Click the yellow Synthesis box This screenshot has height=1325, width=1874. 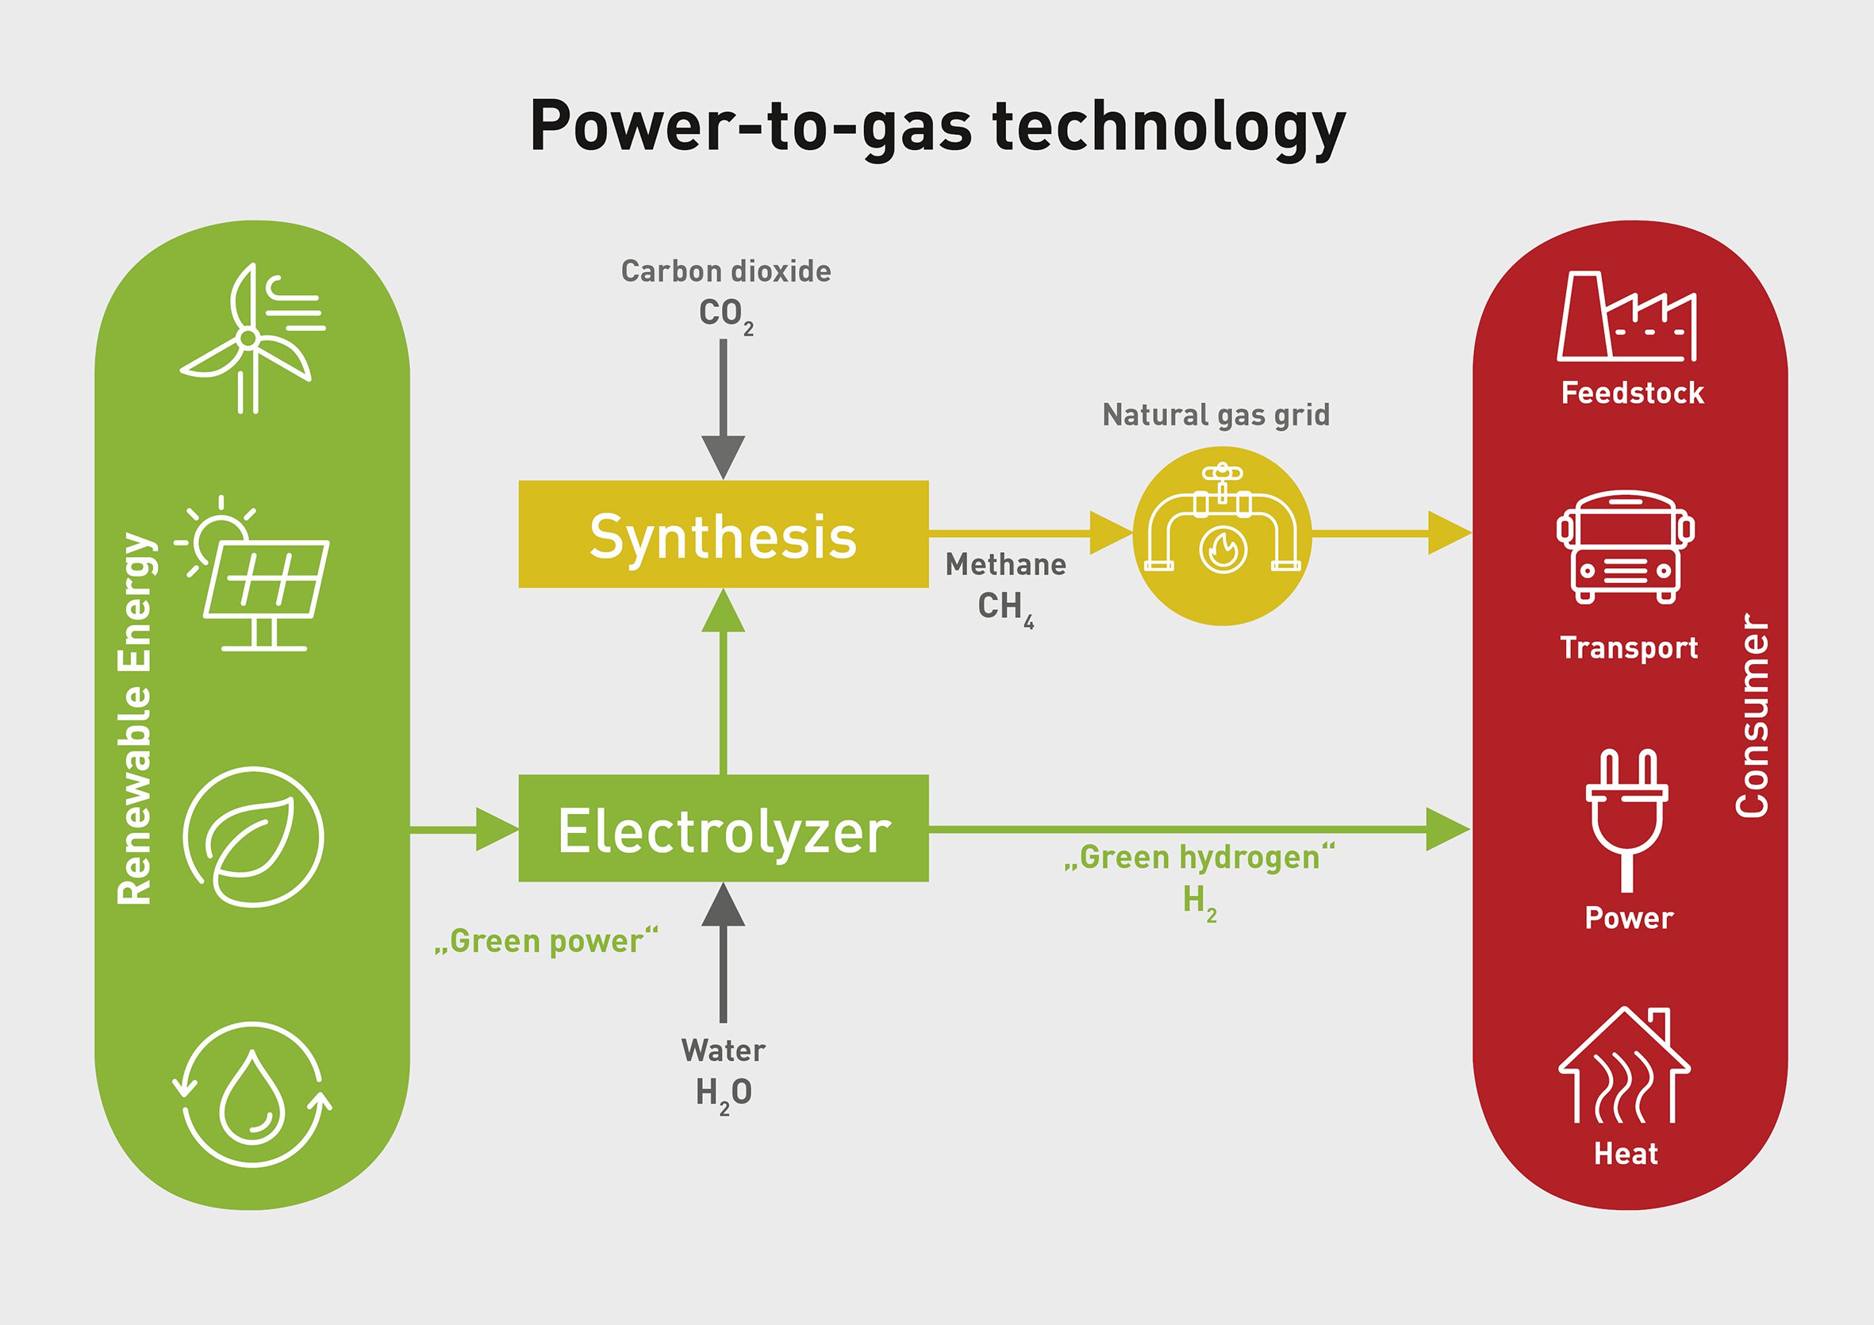point(723,534)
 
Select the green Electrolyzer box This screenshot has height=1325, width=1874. point(723,828)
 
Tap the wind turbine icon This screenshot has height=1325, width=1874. point(252,339)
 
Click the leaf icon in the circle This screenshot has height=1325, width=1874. point(253,837)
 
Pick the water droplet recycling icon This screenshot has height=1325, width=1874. point(252,1094)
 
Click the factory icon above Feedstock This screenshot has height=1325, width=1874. point(1626,318)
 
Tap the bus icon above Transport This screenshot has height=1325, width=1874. point(1625,547)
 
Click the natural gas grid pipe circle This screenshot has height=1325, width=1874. point(1222,536)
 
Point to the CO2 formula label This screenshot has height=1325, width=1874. point(725,315)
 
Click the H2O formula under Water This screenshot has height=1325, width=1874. point(723,1094)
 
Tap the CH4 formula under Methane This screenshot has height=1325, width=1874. point(1004,609)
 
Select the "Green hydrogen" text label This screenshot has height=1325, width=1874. point(1199,858)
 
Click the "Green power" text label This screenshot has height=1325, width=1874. point(546,941)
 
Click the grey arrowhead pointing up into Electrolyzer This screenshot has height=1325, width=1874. point(723,906)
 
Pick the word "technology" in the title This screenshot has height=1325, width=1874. point(1169,129)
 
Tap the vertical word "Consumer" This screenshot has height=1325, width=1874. point(1752,715)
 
